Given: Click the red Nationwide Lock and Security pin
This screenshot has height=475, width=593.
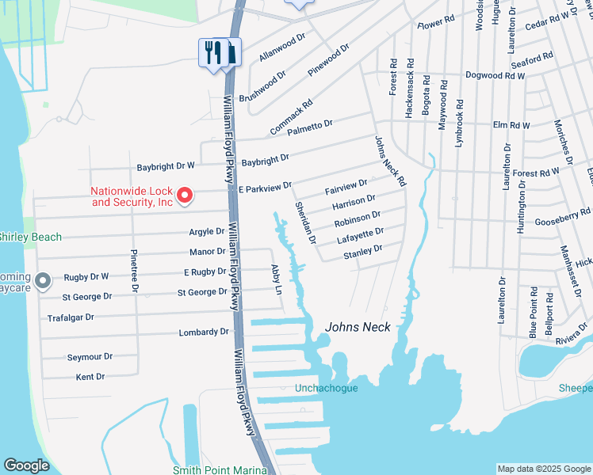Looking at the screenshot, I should (x=185, y=194).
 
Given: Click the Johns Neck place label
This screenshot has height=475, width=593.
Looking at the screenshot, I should (x=358, y=327).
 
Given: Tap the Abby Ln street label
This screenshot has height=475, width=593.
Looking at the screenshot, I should (x=277, y=279).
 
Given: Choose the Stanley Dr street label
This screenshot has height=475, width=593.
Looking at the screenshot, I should (x=363, y=249).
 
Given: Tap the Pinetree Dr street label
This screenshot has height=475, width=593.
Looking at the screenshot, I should (x=134, y=272).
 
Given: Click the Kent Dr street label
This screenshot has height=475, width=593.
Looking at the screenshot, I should (x=90, y=377).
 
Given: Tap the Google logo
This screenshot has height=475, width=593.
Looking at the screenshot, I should (x=26, y=465).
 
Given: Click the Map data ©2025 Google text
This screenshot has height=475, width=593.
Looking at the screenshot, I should (x=543, y=469).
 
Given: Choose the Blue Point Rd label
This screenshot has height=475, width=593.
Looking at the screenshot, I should (x=534, y=313).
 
